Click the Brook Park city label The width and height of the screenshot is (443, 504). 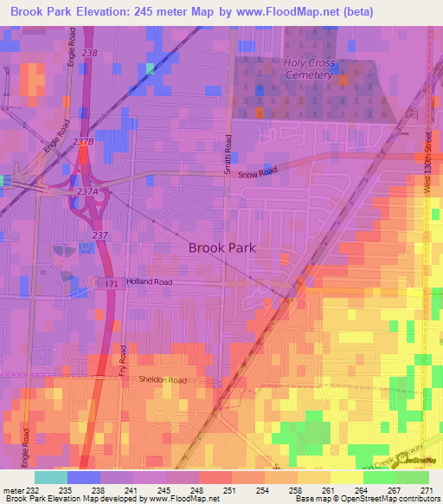(222, 248)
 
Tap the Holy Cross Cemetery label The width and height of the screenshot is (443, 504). (309, 68)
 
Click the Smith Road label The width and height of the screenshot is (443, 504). (228, 154)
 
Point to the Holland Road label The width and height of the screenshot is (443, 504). (150, 281)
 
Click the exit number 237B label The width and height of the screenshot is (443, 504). (83, 142)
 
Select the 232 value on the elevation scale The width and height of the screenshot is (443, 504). (36, 490)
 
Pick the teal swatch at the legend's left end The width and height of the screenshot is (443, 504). (50, 477)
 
